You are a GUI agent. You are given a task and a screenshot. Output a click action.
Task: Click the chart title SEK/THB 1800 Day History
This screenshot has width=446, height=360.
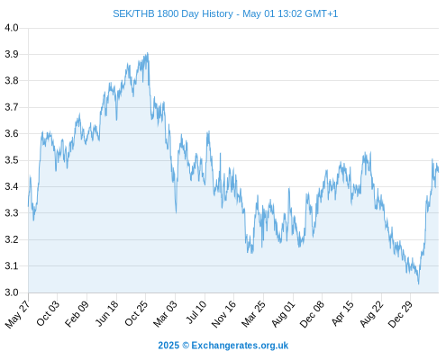pyautogui.click(x=173, y=13)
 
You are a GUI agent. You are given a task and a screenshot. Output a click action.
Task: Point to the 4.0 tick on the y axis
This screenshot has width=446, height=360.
pyautogui.click(x=12, y=28)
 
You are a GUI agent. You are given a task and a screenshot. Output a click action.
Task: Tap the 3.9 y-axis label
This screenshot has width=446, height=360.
pyautogui.click(x=12, y=54)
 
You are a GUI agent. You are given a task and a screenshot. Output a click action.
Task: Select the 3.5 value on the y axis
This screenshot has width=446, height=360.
pyautogui.click(x=12, y=160)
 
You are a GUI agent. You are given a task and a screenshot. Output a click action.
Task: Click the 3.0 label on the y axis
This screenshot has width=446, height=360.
pyautogui.click(x=12, y=292)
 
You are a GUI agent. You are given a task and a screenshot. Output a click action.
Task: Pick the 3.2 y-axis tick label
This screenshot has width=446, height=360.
pyautogui.click(x=12, y=239)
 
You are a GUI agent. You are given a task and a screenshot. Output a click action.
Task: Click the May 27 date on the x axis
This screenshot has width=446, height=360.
pyautogui.click(x=17, y=314)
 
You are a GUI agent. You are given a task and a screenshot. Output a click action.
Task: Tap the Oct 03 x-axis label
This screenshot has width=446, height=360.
pyautogui.click(x=48, y=313)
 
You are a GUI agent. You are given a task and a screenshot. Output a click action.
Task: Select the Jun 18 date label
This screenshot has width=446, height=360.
pyautogui.click(x=106, y=313)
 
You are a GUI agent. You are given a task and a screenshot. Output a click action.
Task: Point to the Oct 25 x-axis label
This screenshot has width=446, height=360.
pyautogui.click(x=136, y=313)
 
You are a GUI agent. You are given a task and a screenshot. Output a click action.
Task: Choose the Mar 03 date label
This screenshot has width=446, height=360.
pyautogui.click(x=165, y=314)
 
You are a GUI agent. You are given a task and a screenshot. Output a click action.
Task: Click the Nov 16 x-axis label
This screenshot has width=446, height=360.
pyautogui.click(x=223, y=314)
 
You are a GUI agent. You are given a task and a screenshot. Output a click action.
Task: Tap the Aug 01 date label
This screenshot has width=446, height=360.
pyautogui.click(x=283, y=314)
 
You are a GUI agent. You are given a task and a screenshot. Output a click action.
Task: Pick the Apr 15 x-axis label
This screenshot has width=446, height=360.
pyautogui.click(x=342, y=313)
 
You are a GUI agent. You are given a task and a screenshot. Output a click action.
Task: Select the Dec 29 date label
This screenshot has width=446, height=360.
pyautogui.click(x=401, y=314)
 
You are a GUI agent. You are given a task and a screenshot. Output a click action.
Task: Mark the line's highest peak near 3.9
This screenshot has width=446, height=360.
pyautogui.click(x=148, y=53)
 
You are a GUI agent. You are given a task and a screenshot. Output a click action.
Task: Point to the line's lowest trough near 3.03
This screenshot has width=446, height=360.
pyautogui.click(x=418, y=283)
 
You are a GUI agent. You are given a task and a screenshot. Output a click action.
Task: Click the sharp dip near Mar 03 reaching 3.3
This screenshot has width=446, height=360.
pyautogui.click(x=176, y=212)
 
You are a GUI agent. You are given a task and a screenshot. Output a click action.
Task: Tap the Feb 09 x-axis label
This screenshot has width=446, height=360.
pyautogui.click(x=77, y=313)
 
